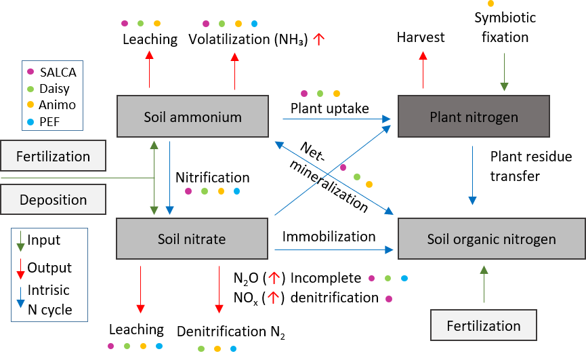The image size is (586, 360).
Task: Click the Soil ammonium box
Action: (192, 117)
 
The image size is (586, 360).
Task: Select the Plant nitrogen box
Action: (474, 117)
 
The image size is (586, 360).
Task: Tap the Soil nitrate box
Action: (192, 239)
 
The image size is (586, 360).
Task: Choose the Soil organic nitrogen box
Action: (491, 239)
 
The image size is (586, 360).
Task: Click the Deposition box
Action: (53, 199)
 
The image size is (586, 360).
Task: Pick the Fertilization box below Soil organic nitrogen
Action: (483, 325)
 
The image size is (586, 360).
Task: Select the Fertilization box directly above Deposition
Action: (53, 156)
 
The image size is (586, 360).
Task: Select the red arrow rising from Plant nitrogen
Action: (423, 70)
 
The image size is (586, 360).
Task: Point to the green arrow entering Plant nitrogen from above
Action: (504, 73)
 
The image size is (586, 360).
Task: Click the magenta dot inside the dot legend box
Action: (30, 71)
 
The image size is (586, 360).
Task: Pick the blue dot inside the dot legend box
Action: (30, 122)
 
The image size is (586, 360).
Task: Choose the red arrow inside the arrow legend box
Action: (20, 269)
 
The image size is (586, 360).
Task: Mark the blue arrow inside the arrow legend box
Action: (20, 297)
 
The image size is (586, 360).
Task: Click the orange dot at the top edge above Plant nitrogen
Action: (490, 3)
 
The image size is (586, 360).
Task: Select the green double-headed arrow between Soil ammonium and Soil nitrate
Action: (154, 177)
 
